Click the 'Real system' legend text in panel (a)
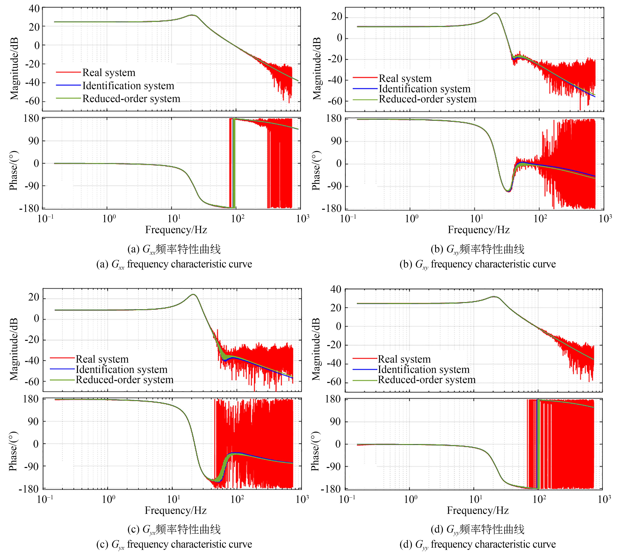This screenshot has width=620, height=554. (109, 73)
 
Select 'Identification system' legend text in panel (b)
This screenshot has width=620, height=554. (424, 89)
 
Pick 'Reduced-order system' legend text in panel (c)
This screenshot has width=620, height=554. (125, 380)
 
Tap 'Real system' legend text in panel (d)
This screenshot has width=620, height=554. (404, 359)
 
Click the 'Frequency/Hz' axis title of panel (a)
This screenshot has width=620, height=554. (176, 230)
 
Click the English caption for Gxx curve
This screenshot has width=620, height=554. (174, 264)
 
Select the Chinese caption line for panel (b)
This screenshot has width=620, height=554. (477, 249)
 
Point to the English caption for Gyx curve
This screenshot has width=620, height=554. (174, 544)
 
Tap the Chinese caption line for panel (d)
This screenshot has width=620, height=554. (477, 530)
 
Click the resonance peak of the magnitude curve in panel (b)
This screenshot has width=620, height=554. (495, 13)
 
